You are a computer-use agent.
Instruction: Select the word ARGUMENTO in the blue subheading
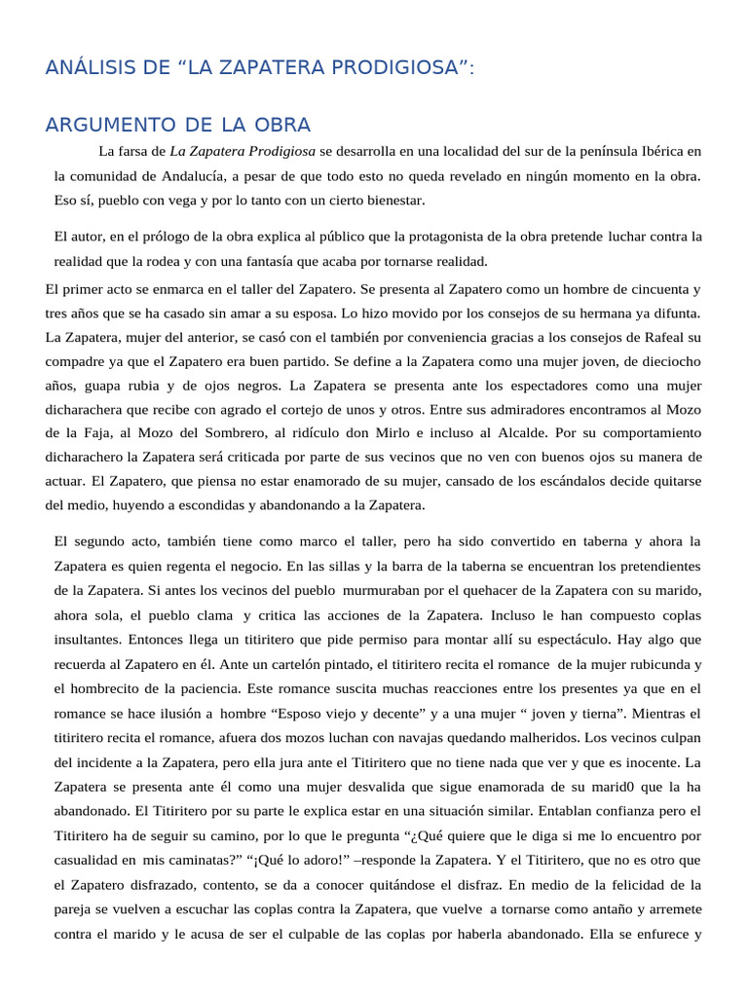(x=107, y=126)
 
